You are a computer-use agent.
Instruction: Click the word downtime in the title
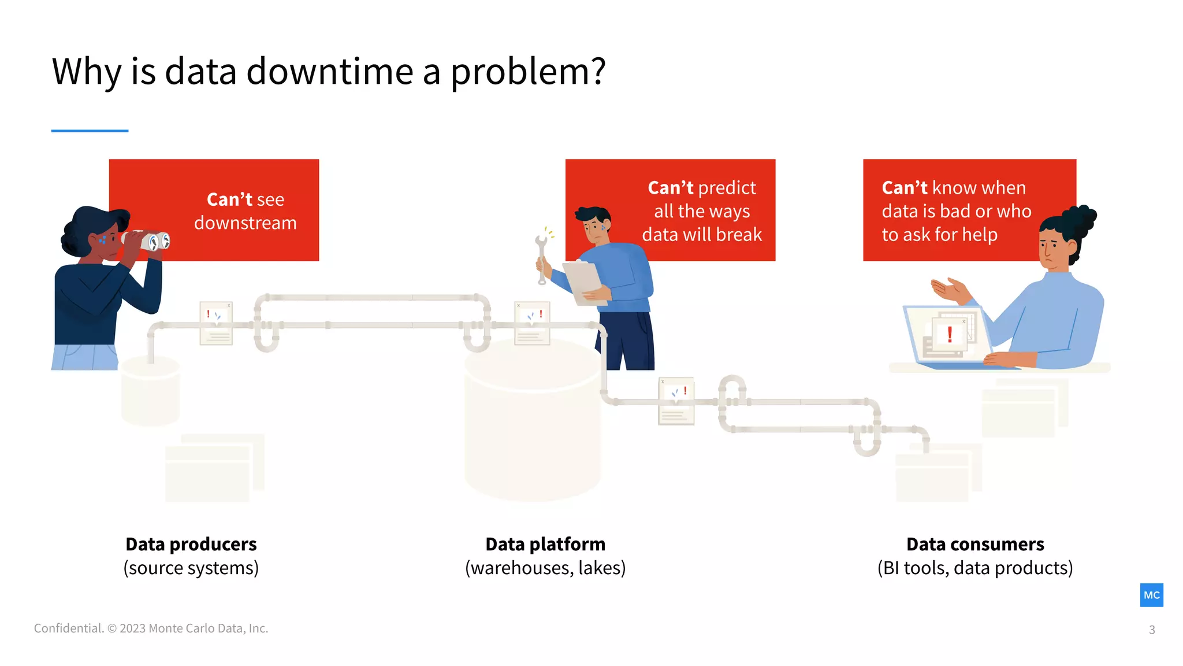tap(329, 72)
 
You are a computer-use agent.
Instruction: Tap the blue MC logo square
tap(1151, 595)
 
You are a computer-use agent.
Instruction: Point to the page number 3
tap(1152, 630)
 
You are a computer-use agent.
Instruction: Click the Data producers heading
tap(191, 544)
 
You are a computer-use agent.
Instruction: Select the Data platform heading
tap(545, 544)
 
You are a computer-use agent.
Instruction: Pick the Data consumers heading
tap(975, 544)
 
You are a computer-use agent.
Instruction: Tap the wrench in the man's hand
tap(541, 257)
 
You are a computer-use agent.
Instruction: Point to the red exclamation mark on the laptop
tap(950, 334)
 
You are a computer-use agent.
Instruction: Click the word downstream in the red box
tap(245, 223)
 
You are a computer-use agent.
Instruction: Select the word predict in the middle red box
tap(727, 188)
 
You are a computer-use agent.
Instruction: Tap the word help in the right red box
tap(980, 235)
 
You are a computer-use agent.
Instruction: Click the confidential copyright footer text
tap(151, 628)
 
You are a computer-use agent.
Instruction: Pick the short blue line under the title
tap(90, 131)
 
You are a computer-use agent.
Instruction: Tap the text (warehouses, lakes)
tap(545, 568)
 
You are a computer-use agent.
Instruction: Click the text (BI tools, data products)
tap(975, 568)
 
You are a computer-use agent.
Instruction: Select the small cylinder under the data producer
tap(150, 390)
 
